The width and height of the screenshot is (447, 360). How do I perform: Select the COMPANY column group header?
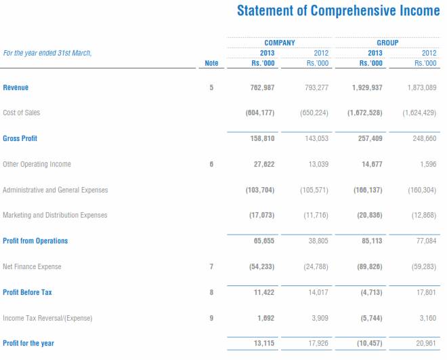[x=279, y=43]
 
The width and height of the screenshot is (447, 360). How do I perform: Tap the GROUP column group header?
[x=387, y=43]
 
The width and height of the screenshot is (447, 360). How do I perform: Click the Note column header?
[x=211, y=63]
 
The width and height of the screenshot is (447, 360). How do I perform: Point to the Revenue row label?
[x=16, y=87]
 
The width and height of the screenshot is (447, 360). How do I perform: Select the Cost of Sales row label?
[x=22, y=113]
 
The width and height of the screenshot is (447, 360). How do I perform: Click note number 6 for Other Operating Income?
[x=211, y=164]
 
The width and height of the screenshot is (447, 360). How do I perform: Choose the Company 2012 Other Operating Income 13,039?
[x=317, y=164]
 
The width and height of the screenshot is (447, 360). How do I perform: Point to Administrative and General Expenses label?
[x=55, y=190]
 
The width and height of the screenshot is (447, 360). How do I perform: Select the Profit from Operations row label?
[x=35, y=241]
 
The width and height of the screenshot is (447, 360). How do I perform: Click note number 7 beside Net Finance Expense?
[x=211, y=266]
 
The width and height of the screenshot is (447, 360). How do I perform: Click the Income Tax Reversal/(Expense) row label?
[x=47, y=317]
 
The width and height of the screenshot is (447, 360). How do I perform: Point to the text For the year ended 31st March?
[x=47, y=53]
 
